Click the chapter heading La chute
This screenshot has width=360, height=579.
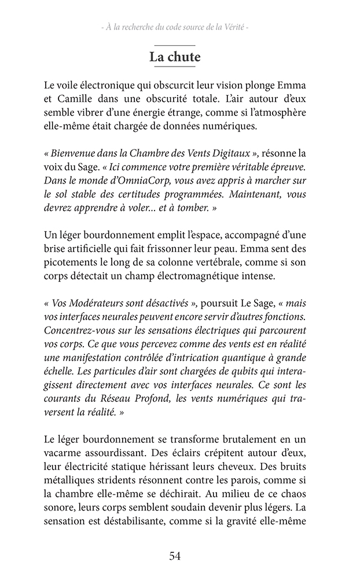tap(175, 57)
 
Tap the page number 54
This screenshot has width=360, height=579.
tap(175, 556)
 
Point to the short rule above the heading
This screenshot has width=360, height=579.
tap(175, 45)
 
